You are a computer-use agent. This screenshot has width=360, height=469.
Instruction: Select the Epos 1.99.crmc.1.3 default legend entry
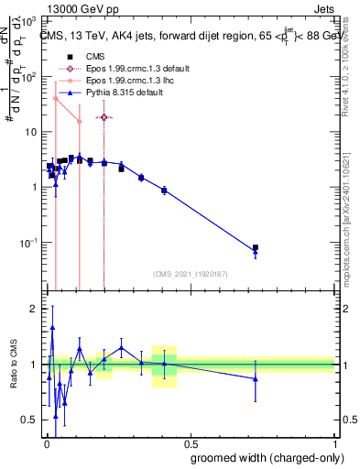click(138, 69)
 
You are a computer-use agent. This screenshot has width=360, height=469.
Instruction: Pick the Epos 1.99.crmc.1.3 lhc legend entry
click(133, 81)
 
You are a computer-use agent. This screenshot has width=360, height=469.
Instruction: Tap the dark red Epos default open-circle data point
click(104, 117)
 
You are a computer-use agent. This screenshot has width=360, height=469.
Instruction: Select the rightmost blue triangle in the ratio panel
click(256, 378)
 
